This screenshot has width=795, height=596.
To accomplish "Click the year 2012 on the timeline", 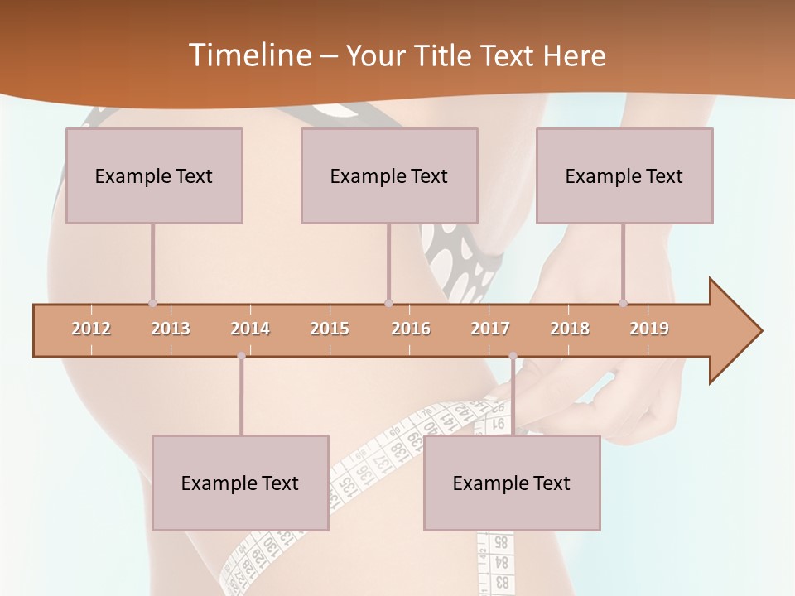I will point(91,329).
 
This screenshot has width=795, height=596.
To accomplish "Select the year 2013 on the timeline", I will point(171,329).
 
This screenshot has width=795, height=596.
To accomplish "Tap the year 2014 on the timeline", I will point(250,329).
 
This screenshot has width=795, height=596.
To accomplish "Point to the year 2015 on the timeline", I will point(330,329).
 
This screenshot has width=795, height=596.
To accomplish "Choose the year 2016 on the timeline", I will point(411,329).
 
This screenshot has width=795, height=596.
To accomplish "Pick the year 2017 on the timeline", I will point(490,329).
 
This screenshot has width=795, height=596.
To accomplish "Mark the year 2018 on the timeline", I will point(570,329).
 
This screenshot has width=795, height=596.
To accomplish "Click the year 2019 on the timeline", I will point(649,329).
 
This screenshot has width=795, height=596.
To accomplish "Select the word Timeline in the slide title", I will point(248,55).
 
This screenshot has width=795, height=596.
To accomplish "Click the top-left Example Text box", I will point(154,175).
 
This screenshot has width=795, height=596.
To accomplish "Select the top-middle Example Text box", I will point(389,175).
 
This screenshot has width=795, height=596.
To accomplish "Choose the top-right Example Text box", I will point(624,175).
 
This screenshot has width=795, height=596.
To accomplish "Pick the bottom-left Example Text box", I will point(240,483).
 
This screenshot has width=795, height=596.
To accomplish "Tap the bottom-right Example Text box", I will point(512,483).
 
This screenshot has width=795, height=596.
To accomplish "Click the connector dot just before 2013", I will point(152,303).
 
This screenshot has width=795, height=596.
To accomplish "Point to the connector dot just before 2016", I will point(389,303).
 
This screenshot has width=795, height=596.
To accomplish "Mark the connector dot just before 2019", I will point(624,303).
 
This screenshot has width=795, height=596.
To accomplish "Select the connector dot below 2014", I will point(241,356).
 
